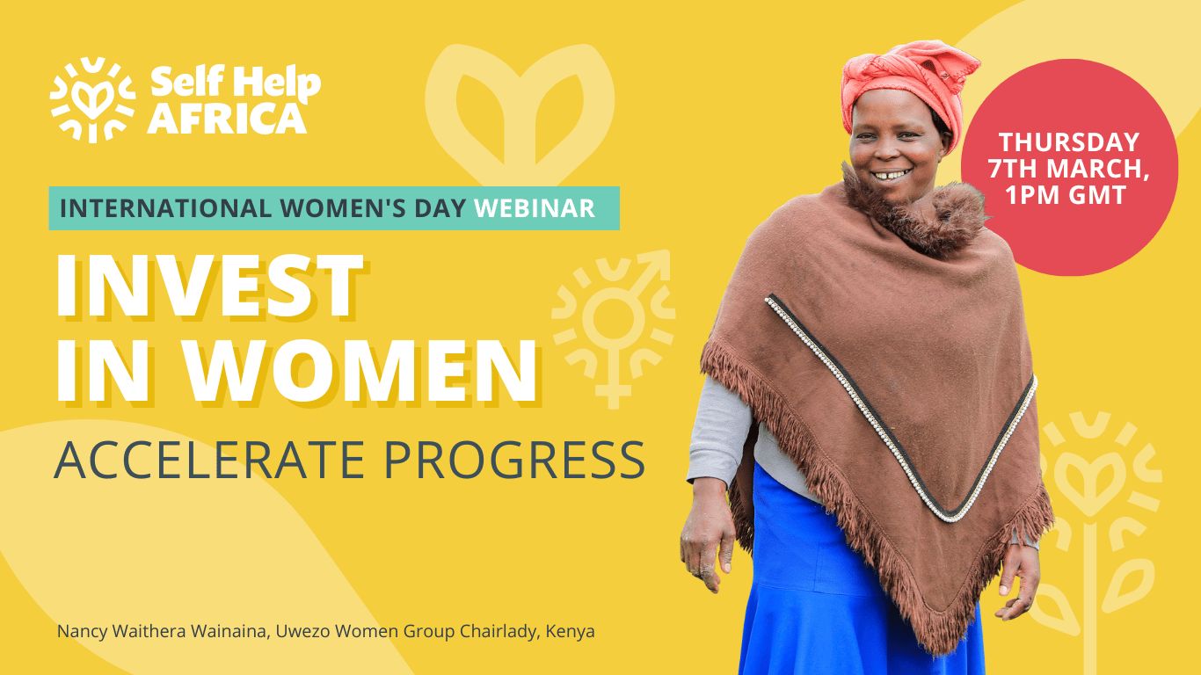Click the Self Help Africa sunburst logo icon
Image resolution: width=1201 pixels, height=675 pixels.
tap(92, 99)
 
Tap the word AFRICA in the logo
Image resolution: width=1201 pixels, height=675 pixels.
tap(228, 119)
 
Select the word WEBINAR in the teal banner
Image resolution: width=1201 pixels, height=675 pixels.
tap(535, 208)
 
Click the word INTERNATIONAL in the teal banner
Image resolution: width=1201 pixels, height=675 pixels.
tap(165, 208)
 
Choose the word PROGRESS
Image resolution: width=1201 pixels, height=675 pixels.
tap(514, 460)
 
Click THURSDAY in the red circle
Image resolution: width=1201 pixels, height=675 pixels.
tap(1069, 142)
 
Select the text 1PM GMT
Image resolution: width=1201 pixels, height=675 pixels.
tap(1066, 194)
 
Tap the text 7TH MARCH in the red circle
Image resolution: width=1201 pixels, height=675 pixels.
tap(1068, 169)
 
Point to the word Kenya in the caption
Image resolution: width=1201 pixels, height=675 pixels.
tap(570, 632)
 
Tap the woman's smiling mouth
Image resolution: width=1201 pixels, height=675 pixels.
tap(891, 175)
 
